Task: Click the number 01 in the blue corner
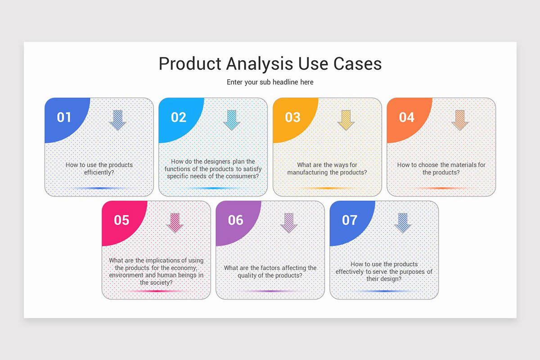click(64, 117)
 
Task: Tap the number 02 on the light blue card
click(178, 117)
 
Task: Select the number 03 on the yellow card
click(292, 117)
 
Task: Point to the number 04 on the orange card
click(406, 117)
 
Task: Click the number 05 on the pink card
click(121, 220)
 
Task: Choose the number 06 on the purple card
click(235, 220)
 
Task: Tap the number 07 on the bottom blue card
click(349, 220)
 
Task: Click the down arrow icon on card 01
click(117, 120)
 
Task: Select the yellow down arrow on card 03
click(346, 120)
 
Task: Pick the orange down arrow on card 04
click(460, 120)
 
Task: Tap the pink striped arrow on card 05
click(175, 223)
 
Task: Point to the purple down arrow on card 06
click(289, 223)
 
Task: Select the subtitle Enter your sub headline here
click(270, 82)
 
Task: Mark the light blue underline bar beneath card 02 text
click(213, 188)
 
